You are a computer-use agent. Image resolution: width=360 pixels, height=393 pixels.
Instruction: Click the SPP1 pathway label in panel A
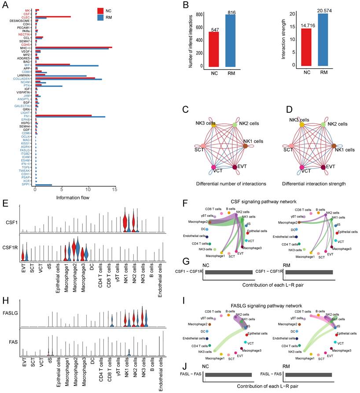(x=28, y=185)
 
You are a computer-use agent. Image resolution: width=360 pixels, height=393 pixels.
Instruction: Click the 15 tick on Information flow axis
(x=115, y=190)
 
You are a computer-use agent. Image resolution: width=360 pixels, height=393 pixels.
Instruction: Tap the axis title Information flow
(x=73, y=197)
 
